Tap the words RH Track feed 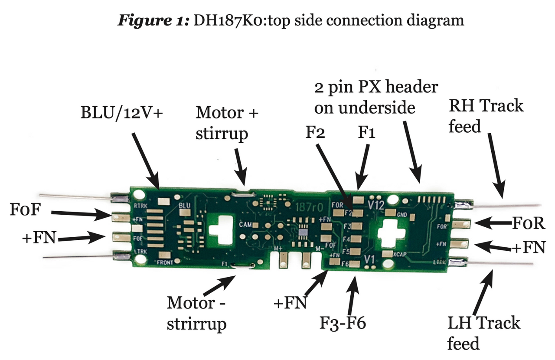tap(486, 116)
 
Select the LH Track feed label tap(483, 333)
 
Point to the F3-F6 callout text tap(343, 323)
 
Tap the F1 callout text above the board tap(366, 133)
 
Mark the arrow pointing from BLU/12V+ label tap(144, 160)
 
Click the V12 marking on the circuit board tap(375, 204)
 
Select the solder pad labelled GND tap(390, 213)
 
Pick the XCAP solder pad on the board tap(387, 254)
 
